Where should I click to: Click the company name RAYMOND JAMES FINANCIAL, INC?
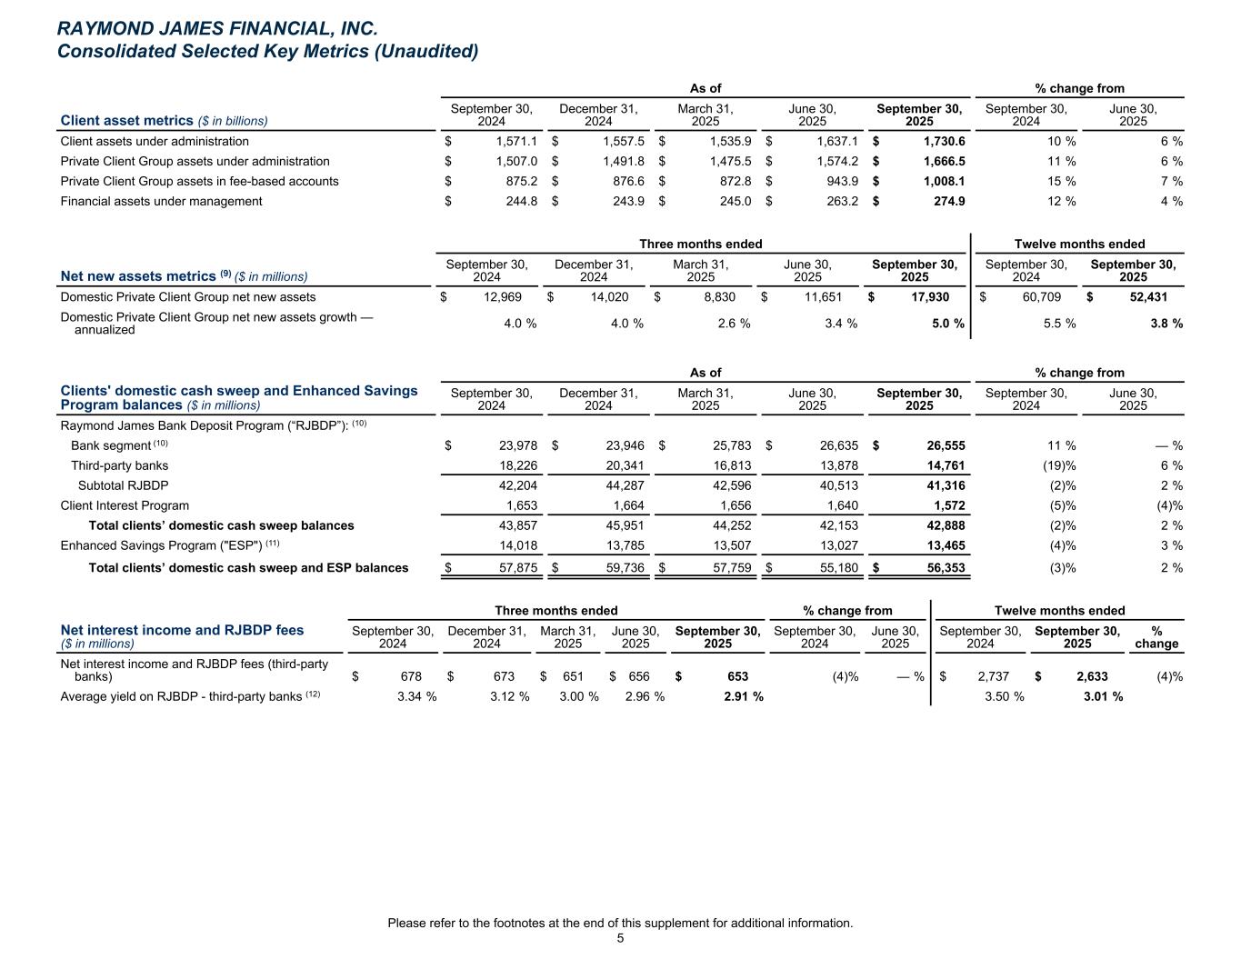point(217,29)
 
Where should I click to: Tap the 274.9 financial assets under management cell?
point(950,201)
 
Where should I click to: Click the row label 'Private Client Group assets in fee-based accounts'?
point(199,181)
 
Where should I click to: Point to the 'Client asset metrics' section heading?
point(126,120)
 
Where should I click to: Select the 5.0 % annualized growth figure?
point(947,323)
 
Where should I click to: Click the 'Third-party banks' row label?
point(119,465)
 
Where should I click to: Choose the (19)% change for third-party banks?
point(1059,465)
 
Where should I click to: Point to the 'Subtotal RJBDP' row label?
point(123,485)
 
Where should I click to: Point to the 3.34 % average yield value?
point(416,696)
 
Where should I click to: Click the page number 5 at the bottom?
point(620,939)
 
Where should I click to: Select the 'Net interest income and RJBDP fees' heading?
point(182,629)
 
